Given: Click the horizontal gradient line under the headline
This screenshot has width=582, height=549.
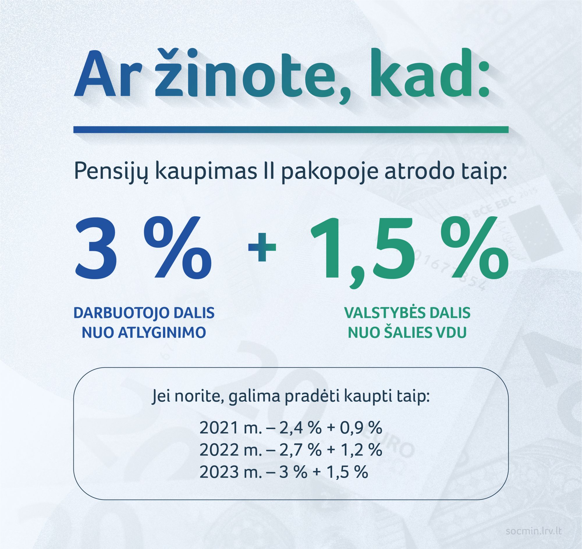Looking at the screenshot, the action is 291,130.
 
